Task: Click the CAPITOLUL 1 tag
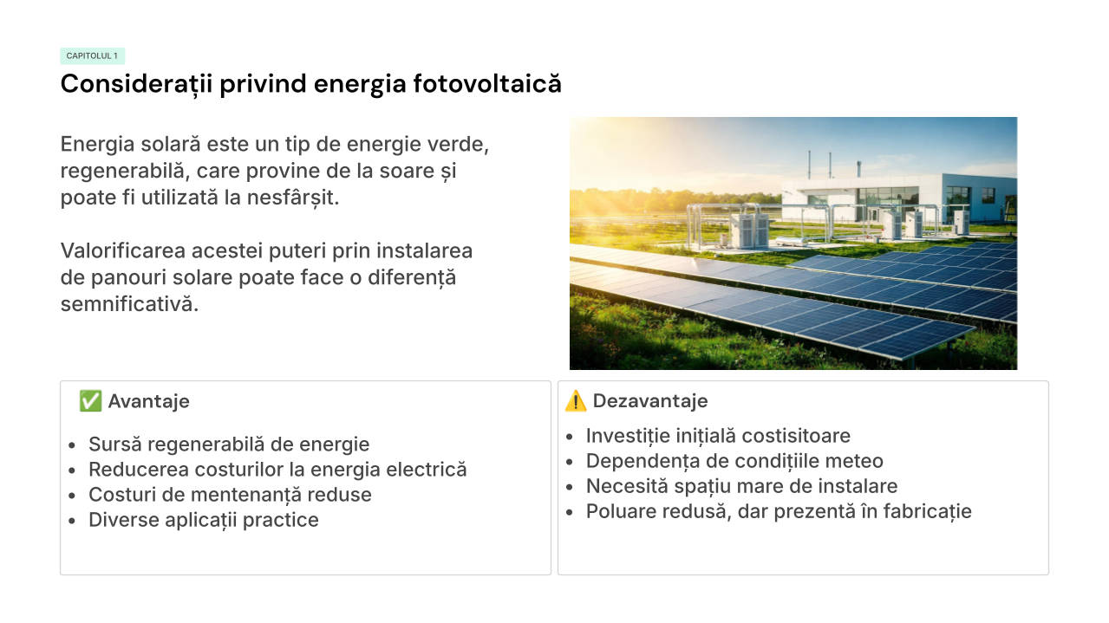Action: click(93, 56)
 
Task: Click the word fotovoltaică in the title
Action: click(487, 84)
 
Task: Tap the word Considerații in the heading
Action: click(137, 84)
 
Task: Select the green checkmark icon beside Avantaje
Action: click(90, 401)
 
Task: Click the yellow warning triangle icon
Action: click(576, 401)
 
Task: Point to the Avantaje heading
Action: click(149, 401)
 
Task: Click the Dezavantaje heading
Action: click(650, 401)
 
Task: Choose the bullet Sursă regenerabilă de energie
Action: click(229, 445)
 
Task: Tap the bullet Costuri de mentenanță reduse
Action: click(231, 495)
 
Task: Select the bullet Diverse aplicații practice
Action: click(204, 520)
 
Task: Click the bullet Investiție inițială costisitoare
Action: click(718, 436)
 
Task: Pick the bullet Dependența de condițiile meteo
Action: click(734, 461)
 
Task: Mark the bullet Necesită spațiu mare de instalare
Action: click(741, 486)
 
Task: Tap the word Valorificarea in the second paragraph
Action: click(123, 250)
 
